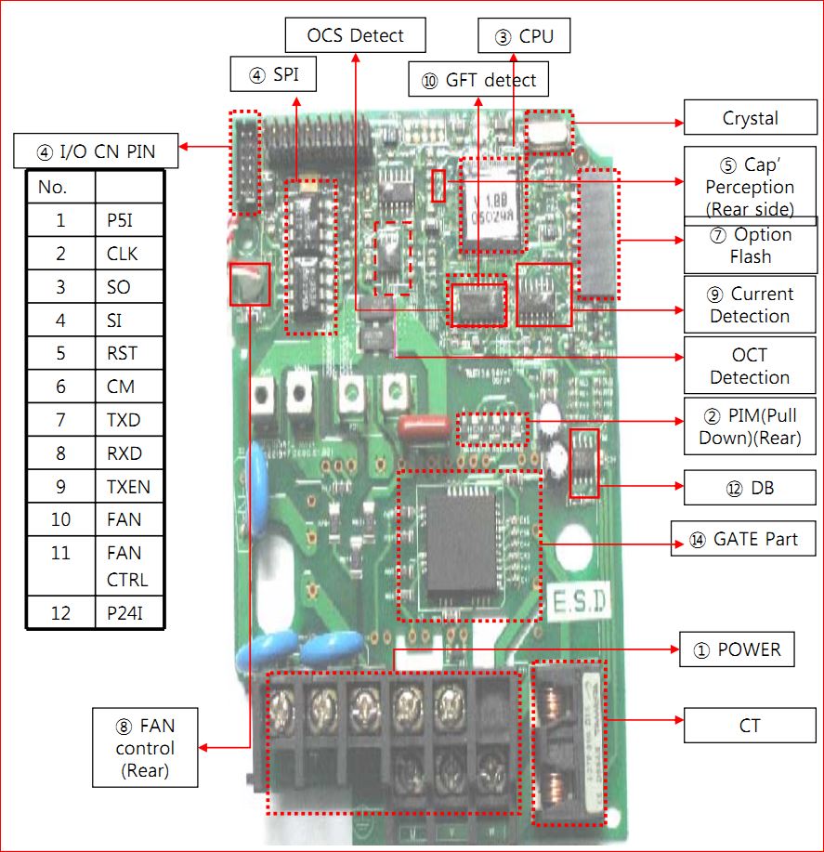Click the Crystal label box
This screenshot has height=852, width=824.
(750, 118)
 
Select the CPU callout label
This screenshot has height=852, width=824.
(523, 37)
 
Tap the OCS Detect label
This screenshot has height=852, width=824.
(356, 36)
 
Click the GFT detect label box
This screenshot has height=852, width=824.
(478, 80)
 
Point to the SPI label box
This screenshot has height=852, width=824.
(273, 75)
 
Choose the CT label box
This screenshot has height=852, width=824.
(750, 725)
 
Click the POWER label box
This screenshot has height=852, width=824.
(737, 649)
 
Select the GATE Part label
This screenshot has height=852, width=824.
(734, 539)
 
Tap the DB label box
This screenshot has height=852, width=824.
(750, 487)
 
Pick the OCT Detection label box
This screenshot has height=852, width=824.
(750, 366)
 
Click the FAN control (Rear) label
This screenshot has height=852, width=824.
(144, 747)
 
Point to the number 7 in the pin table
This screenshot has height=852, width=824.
(60, 420)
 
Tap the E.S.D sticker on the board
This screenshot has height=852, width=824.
(576, 602)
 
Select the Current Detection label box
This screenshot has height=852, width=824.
(750, 305)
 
